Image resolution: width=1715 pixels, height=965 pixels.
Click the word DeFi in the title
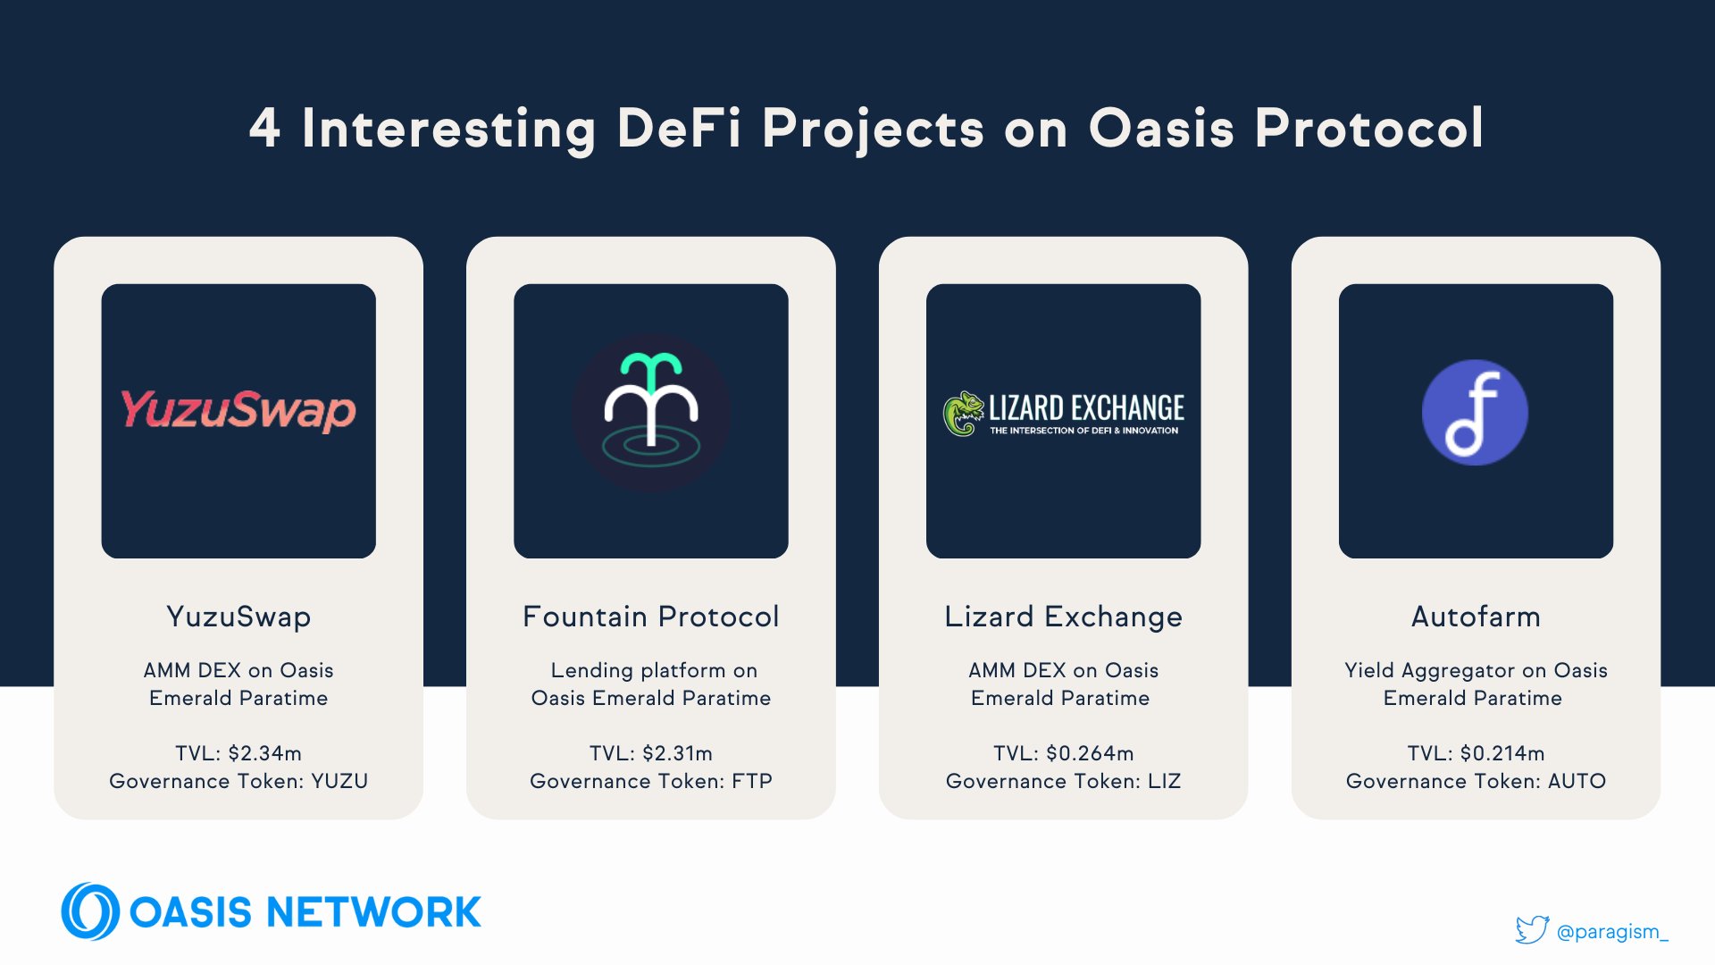(679, 128)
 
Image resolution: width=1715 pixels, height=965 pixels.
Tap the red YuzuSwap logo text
(238, 411)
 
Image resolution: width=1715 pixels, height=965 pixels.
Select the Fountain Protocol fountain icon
(651, 413)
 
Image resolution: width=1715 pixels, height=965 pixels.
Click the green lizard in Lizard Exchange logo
(963, 414)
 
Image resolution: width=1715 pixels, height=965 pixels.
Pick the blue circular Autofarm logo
(1475, 413)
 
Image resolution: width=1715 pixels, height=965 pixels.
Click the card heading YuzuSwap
(238, 617)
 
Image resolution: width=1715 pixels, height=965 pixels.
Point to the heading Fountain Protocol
(651, 617)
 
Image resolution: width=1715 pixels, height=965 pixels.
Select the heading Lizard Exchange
(1063, 617)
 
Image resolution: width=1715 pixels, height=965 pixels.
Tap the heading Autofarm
(1476, 617)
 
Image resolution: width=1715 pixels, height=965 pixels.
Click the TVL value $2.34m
(264, 753)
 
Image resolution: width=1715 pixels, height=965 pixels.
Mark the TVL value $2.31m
(676, 753)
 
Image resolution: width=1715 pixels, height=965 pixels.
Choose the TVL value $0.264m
(1090, 753)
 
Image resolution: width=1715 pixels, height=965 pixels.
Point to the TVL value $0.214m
(1502, 753)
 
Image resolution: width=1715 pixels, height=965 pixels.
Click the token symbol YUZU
(339, 781)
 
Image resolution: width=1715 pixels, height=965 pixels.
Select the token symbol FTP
(752, 781)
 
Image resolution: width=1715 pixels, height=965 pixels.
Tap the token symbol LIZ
(1164, 781)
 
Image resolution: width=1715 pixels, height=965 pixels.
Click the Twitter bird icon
(1531, 929)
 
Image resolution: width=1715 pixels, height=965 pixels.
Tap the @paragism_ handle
(1612, 932)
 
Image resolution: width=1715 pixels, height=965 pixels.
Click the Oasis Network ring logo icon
(89, 911)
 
